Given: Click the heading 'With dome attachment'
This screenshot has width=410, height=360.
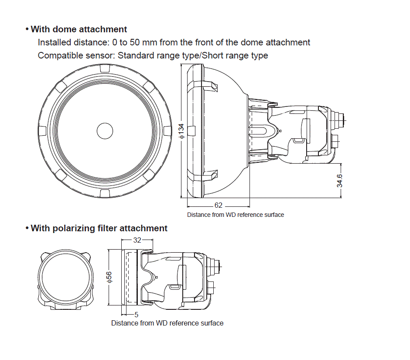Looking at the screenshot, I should pyautogui.click(x=79, y=29).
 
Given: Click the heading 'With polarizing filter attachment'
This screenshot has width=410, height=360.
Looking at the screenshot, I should pyautogui.click(x=99, y=228).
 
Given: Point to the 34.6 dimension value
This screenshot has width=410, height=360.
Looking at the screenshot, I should pyautogui.click(x=339, y=181).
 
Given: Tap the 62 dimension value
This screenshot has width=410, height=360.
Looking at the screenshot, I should pyautogui.click(x=218, y=205).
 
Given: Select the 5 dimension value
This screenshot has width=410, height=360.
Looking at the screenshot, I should pyautogui.click(x=136, y=314).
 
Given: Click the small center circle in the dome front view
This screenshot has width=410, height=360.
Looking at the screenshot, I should pyautogui.click(x=105, y=130).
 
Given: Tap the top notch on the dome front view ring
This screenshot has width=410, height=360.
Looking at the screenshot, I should pyautogui.click(x=105, y=69).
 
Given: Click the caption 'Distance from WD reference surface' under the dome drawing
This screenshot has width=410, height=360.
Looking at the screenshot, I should pyautogui.click(x=236, y=215).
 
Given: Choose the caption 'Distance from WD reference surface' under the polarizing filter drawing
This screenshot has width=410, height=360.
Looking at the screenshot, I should pyautogui.click(x=167, y=323).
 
